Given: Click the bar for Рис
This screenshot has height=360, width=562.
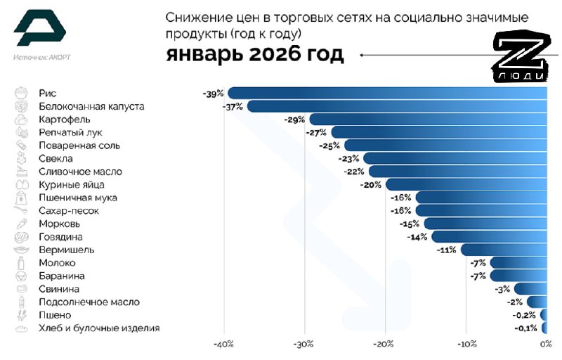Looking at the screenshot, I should coord(386,94).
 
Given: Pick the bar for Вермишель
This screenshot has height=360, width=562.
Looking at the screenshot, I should coord(502,250).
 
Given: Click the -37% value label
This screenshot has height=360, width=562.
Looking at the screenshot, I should coord(233,107).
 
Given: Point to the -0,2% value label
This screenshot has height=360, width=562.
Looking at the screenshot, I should coord(527,315).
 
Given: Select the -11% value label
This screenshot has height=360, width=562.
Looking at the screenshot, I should coord(447,250).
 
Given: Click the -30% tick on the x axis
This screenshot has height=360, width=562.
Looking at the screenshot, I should coord(303,345).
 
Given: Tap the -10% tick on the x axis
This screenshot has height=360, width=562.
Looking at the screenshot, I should coord(466,345).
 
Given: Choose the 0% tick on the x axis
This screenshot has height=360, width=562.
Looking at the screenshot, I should coord(545,345).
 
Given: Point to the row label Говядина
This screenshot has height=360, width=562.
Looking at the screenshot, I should coord(60,237).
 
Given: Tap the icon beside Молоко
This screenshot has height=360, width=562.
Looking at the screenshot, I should coord(21,263).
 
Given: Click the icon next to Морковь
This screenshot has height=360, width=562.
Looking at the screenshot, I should coord(21,224).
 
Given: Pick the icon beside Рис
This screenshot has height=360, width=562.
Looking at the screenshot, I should coord(21,94).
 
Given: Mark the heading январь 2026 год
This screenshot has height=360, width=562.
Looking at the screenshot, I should coord(255,55).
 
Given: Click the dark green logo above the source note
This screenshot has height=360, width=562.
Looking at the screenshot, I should coord(39,28).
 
